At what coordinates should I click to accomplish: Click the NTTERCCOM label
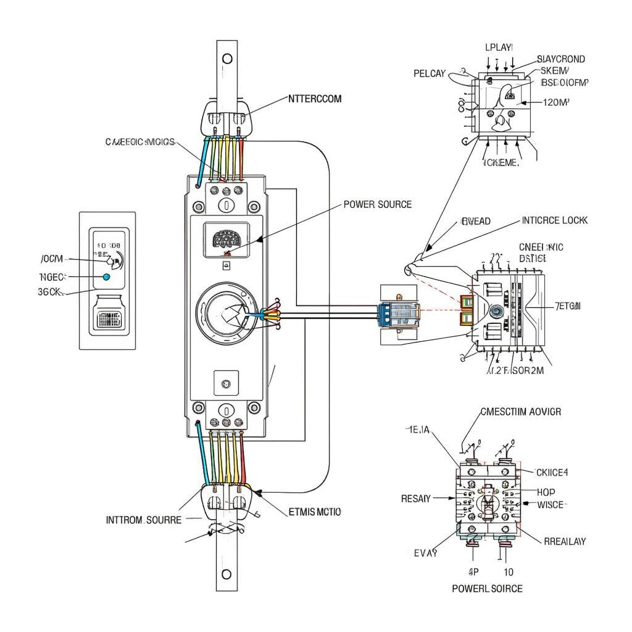(315, 98)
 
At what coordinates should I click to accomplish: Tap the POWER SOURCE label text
(376, 204)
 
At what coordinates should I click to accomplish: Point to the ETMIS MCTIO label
(315, 512)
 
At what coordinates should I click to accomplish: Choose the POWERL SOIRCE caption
(487, 588)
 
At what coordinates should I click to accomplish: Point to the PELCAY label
(429, 73)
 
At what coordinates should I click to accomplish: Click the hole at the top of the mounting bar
(227, 59)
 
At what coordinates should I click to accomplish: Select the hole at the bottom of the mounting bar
(227, 574)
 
